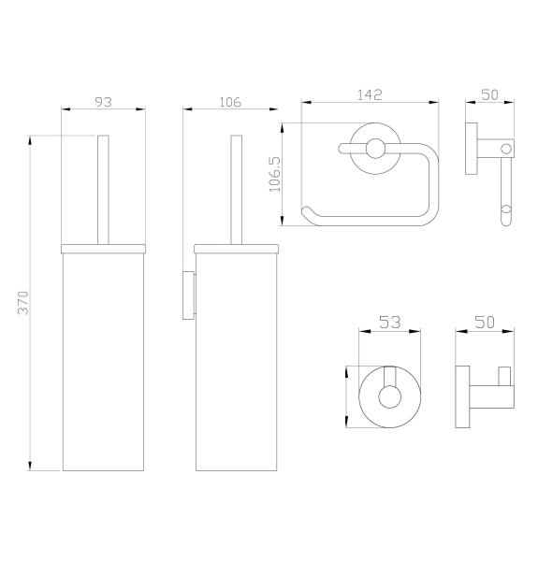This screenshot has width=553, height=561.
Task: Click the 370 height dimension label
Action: tap(23, 303)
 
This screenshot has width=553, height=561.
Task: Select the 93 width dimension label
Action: tap(104, 102)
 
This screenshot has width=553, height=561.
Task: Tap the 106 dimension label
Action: tap(230, 102)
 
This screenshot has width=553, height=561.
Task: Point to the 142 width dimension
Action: tap(370, 94)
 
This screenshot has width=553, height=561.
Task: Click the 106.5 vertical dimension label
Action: tap(275, 174)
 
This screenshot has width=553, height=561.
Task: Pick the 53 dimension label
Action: tap(389, 323)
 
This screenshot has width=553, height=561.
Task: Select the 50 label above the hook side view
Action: tap(485, 323)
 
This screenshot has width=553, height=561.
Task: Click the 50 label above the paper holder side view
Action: tap(490, 94)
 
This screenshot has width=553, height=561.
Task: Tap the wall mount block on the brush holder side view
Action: tap(189, 295)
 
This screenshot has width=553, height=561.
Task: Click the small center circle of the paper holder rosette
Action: tap(375, 149)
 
